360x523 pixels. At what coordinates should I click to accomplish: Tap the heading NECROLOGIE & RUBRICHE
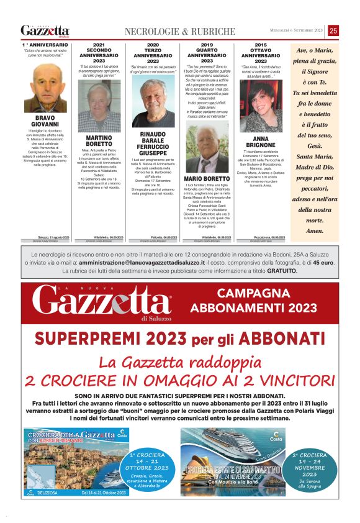pyautogui.click(x=180, y=31)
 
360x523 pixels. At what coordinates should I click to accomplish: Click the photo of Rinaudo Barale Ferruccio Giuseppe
pyautogui.click(x=153, y=102)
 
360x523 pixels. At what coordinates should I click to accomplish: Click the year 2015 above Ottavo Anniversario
pyautogui.click(x=261, y=45)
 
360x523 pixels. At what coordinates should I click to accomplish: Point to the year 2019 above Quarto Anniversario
pyautogui.click(x=207, y=45)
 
